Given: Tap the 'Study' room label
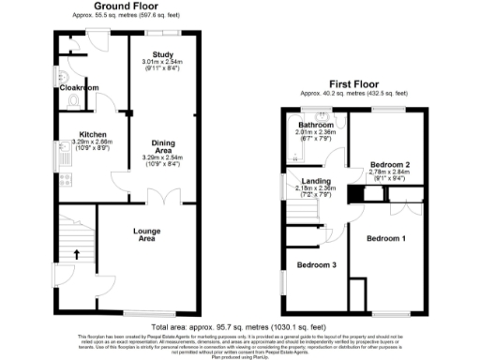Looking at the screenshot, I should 164,54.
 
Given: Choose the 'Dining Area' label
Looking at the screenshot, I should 164,148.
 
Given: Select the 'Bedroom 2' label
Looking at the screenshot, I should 388,163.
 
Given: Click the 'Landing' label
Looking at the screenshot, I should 315,183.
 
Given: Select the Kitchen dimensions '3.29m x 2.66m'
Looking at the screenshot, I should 91,142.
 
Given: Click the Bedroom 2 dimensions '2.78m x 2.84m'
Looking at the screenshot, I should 389,172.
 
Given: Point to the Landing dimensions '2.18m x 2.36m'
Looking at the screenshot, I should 315,190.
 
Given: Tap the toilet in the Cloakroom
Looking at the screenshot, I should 62,75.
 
